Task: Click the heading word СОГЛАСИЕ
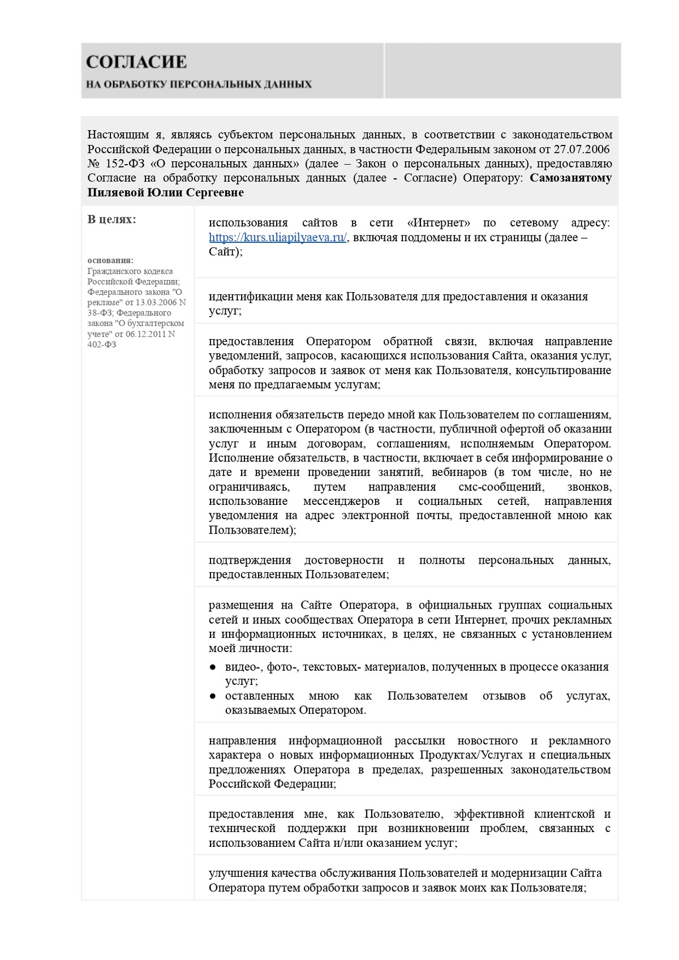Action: point(136,62)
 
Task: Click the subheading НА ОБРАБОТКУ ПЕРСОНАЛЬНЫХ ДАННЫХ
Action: point(199,84)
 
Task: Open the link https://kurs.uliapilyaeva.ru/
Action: point(277,238)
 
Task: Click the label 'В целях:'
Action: point(111,220)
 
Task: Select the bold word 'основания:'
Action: point(110,260)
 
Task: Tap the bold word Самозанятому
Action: point(570,178)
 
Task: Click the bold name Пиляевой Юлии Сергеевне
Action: point(165,193)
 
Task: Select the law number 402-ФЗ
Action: point(102,345)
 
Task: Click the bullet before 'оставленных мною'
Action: point(213,696)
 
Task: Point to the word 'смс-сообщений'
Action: point(501,487)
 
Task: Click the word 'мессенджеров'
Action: point(343,502)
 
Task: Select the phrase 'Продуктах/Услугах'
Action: point(469,756)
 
